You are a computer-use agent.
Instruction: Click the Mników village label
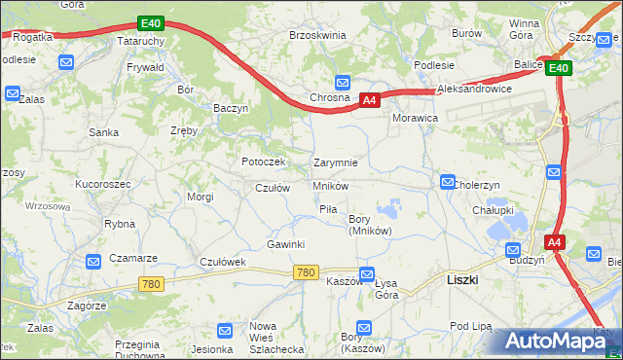click(331, 185)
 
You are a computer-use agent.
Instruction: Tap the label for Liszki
click(461, 278)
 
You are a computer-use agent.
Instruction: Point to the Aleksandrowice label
click(475, 88)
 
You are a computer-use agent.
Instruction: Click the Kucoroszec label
click(102, 183)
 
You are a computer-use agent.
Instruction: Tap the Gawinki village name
click(286, 244)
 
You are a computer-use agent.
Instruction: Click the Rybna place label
click(119, 223)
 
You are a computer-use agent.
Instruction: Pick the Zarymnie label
click(336, 162)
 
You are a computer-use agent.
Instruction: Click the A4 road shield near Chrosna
click(369, 100)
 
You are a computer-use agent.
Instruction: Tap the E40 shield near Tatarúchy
click(150, 22)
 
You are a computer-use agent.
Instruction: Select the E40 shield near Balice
click(558, 68)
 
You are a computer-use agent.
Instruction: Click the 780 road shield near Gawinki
click(305, 272)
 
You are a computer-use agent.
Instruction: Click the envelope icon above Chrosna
click(343, 83)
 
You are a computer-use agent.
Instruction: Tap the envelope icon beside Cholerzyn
click(447, 182)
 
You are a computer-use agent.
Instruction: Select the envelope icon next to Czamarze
click(93, 261)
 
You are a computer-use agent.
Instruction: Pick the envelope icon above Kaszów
click(366, 274)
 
